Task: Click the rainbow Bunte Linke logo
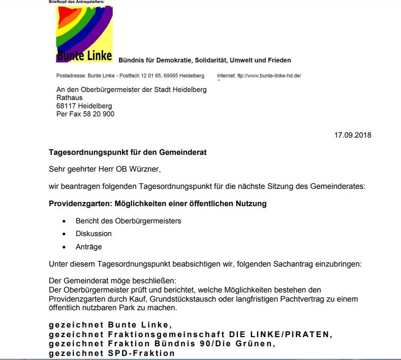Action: (84, 34)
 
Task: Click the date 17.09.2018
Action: (352, 135)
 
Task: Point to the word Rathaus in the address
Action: (69, 98)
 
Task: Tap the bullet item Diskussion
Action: (94, 234)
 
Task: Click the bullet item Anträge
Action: (88, 247)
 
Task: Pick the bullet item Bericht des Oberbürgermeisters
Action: (128, 221)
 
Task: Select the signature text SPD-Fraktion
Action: (141, 353)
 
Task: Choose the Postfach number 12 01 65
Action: (159, 76)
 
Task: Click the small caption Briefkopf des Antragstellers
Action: (76, 2)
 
